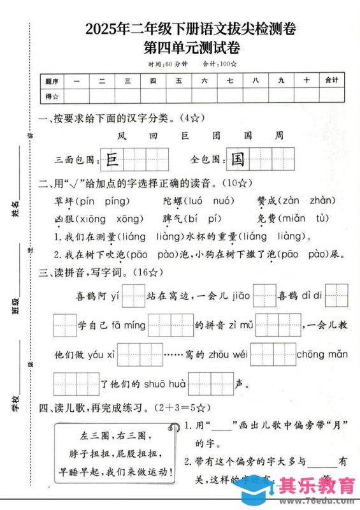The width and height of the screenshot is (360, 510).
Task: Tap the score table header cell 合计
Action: click(x=331, y=80)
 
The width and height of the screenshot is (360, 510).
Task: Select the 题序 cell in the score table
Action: click(x=52, y=81)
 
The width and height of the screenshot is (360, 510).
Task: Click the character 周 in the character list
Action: click(x=278, y=136)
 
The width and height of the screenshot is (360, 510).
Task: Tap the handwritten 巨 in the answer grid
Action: click(x=112, y=159)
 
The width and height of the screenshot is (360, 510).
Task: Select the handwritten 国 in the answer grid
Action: click(x=238, y=159)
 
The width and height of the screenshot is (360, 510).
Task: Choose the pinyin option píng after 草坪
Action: click(x=116, y=201)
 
